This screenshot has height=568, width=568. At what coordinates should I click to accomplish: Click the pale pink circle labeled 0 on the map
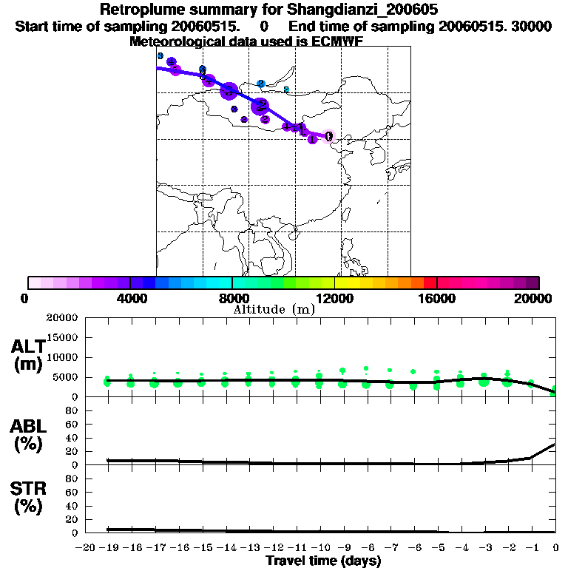[329, 136]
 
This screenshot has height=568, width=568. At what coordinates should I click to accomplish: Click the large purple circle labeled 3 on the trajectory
[229, 91]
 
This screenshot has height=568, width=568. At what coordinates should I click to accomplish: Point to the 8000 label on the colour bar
[231, 297]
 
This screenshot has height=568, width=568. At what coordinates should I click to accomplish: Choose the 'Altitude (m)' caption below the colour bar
[274, 310]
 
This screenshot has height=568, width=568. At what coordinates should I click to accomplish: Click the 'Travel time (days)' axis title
[323, 561]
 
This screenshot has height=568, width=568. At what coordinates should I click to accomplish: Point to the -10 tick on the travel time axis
[320, 547]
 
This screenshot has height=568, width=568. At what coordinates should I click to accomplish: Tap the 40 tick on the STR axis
[72, 505]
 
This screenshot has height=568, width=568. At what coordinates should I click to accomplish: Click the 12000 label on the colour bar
[334, 297]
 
